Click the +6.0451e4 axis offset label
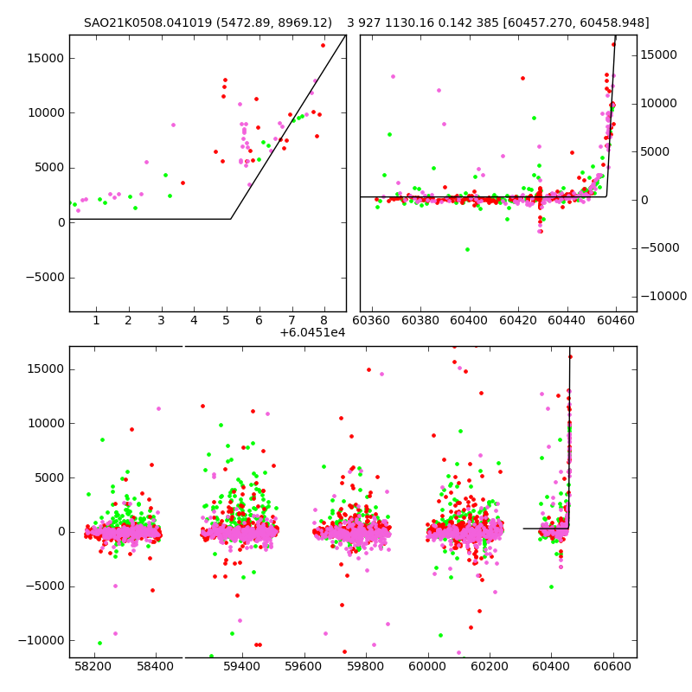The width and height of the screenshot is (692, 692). point(312,332)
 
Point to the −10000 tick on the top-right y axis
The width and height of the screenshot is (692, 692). point(663,297)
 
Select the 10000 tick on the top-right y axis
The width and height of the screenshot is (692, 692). point(663,103)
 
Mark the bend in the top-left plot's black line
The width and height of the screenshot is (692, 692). point(230,219)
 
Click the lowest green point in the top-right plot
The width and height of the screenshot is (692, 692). point(467,249)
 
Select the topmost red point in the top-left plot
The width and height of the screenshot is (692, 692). point(323,45)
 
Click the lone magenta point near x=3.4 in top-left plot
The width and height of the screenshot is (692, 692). point(173,125)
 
